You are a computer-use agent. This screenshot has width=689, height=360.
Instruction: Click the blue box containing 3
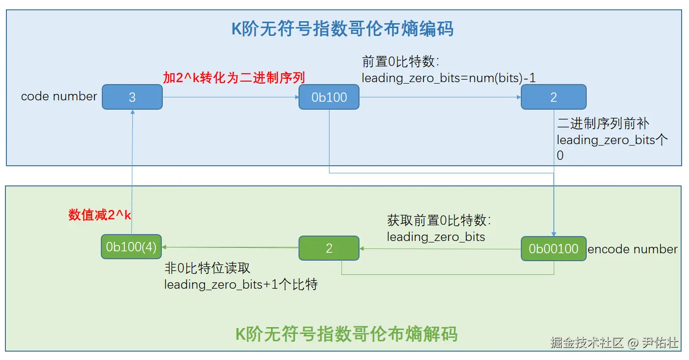(132, 97)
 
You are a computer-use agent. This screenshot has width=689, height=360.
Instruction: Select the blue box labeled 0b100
(329, 97)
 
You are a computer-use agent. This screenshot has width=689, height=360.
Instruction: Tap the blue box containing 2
(553, 97)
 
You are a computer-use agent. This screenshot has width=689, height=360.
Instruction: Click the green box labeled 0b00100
(553, 249)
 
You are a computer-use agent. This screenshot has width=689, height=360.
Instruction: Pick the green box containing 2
(329, 249)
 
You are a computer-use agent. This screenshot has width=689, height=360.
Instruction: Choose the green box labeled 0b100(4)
(131, 247)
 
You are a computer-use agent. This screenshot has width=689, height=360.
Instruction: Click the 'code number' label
(59, 96)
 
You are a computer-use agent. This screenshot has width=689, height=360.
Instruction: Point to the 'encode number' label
(632, 249)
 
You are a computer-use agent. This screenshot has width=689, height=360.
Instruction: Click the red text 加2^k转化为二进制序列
(234, 78)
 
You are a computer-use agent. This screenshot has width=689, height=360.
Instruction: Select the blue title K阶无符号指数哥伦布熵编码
(343, 29)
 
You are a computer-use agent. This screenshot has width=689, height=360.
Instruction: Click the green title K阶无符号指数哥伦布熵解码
(347, 334)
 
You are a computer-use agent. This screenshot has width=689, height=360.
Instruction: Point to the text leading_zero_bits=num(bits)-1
(449, 78)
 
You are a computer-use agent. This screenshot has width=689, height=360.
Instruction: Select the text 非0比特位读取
(207, 268)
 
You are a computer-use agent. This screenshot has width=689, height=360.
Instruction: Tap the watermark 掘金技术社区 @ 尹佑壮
(614, 343)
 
